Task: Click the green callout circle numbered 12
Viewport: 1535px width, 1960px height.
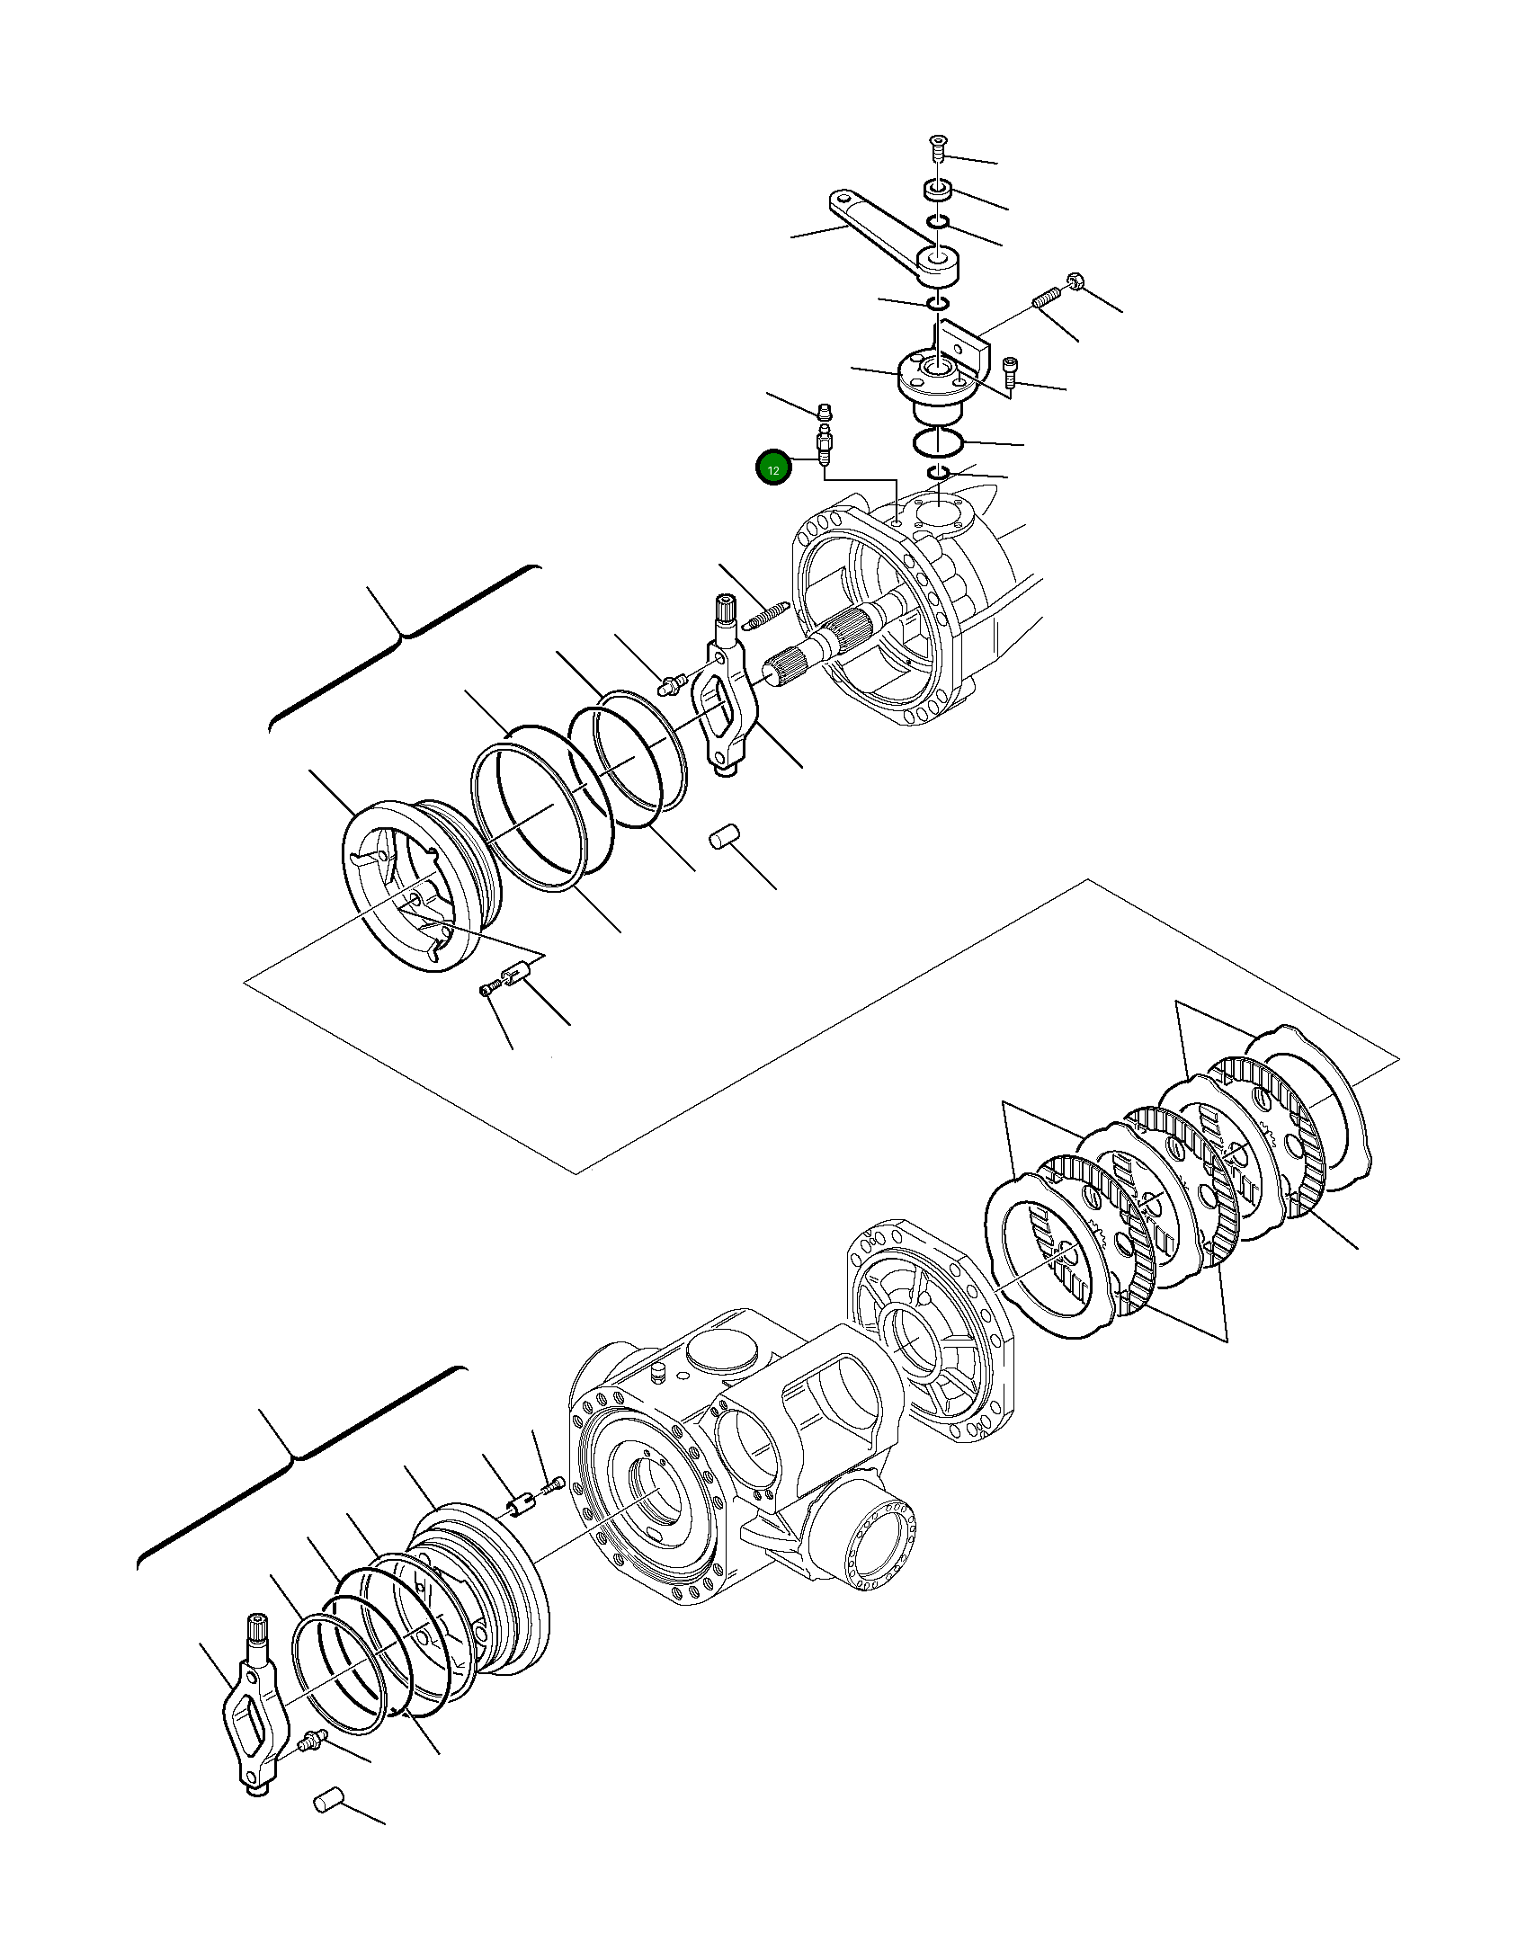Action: (x=773, y=468)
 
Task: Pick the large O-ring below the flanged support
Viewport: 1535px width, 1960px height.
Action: (x=939, y=443)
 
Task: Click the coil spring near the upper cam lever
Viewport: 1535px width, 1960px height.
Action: (x=763, y=617)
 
